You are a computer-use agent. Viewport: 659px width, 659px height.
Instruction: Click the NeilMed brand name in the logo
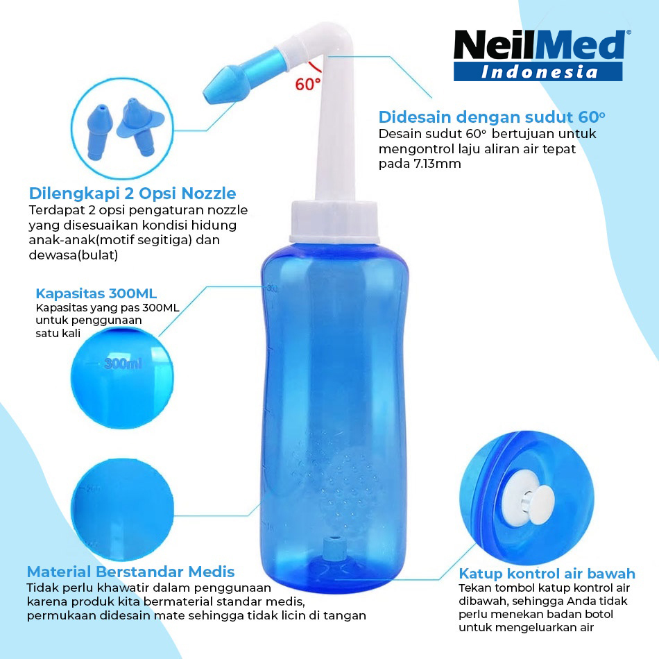pyautogui.click(x=540, y=44)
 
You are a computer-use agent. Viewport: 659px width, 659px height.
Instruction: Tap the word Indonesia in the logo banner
pyautogui.click(x=539, y=72)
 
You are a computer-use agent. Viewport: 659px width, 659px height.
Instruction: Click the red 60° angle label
pyautogui.click(x=307, y=84)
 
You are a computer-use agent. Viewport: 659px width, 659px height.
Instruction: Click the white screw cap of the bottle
pyautogui.click(x=334, y=223)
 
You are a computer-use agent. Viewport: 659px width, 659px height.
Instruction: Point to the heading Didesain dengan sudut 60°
pyautogui.click(x=492, y=117)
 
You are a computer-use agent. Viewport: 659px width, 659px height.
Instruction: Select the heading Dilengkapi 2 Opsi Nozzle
pyautogui.click(x=132, y=194)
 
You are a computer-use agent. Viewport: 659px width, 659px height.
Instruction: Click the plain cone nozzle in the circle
pyautogui.click(x=99, y=131)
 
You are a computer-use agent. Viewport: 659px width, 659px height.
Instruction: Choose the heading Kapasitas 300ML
pyautogui.click(x=96, y=293)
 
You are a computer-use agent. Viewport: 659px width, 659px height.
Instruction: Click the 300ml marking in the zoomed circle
pyautogui.click(x=123, y=363)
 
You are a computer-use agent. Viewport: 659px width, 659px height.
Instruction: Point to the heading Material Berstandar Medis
pyautogui.click(x=130, y=572)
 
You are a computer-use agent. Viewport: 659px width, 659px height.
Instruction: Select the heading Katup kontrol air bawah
pyautogui.click(x=547, y=573)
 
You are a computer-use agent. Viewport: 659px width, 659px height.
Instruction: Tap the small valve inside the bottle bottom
pyautogui.click(x=334, y=548)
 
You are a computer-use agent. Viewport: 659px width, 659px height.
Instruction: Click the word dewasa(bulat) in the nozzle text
pyautogui.click(x=73, y=255)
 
